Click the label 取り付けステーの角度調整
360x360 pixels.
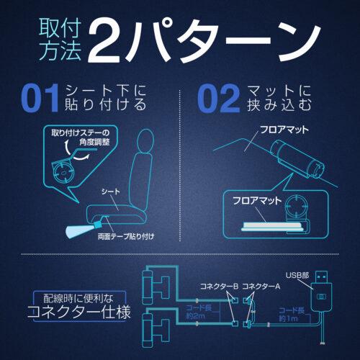[x=81, y=138]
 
